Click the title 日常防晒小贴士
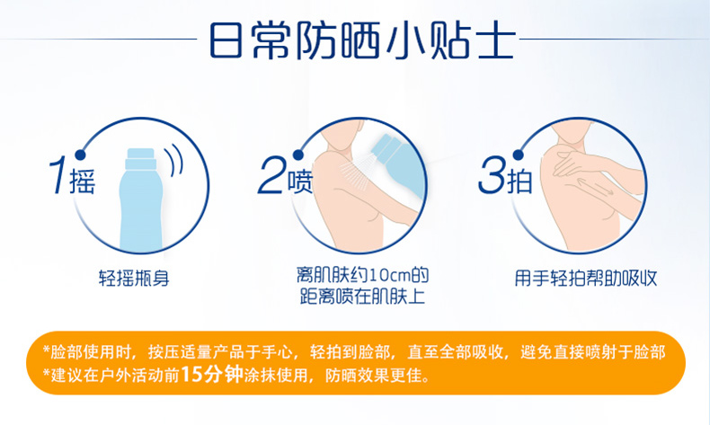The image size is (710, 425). (362, 40)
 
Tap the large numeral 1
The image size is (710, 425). (58, 175)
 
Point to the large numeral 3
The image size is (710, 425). (493, 175)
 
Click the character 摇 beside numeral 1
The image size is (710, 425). (82, 182)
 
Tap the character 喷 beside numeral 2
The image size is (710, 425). (300, 182)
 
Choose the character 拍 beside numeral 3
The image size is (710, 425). (519, 182)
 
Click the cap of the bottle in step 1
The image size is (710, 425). (141, 158)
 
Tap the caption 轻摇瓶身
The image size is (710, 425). (134, 278)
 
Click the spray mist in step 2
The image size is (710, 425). (357, 174)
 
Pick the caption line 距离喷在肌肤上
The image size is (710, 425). (362, 297)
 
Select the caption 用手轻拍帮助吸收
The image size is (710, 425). (585, 278)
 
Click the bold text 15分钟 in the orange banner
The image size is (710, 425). (212, 375)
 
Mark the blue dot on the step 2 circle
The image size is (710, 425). (298, 155)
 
